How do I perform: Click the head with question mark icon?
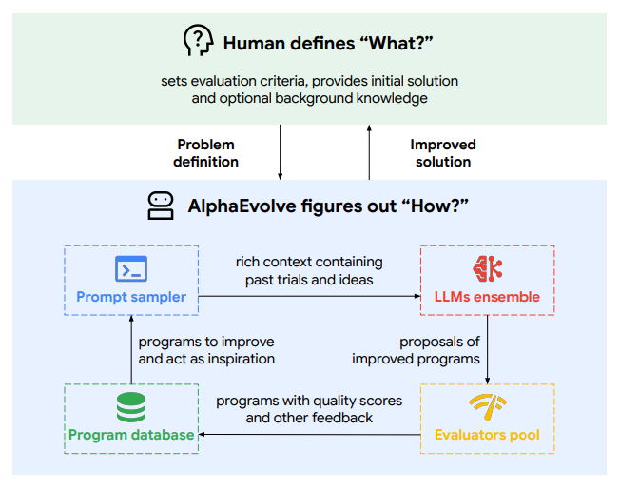pos(197,41)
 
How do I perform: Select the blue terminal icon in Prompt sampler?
pos(130,269)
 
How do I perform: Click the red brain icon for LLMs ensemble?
pos(487,268)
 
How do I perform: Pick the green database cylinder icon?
pos(130,406)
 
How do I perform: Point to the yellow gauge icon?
pos(487,407)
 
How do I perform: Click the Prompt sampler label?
pos(131,297)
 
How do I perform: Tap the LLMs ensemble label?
pos(487,297)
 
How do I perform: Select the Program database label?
pos(131,435)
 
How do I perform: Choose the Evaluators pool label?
pos(487,435)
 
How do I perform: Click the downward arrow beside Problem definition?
pos(281,152)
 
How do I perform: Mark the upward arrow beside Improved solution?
pos(369,152)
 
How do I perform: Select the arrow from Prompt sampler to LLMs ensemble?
pos(309,296)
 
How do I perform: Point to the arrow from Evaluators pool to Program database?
pos(309,435)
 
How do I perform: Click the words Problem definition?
pos(205,153)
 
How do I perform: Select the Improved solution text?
pos(443,153)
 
